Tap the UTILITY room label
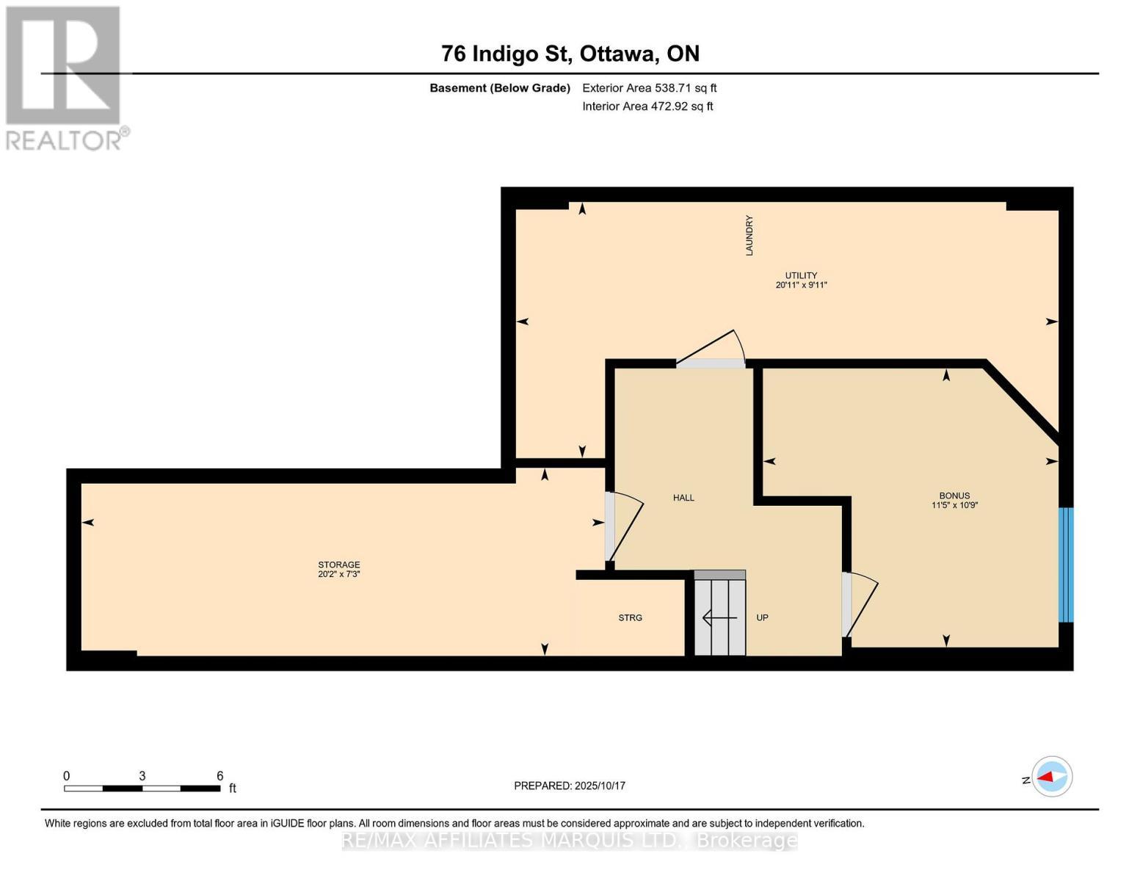801,276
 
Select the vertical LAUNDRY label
749,235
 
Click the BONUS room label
954,496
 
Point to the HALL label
683,498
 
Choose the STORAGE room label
339,565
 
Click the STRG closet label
630,618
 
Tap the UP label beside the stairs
762,618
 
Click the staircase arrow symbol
720,618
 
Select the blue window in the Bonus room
1066,565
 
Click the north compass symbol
1051,777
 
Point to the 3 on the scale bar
142,776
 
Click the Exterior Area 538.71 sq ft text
649,88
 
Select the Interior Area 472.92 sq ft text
647,106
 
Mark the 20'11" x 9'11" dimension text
801,286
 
